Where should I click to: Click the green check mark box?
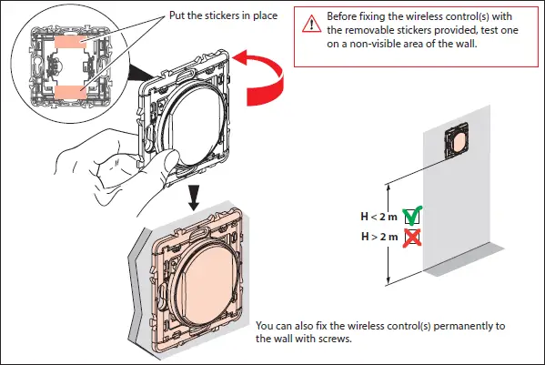(x=410, y=218)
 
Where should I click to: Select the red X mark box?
(x=410, y=238)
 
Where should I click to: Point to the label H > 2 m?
(x=378, y=238)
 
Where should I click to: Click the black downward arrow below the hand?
(x=193, y=196)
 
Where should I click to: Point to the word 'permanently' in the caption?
(x=459, y=325)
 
